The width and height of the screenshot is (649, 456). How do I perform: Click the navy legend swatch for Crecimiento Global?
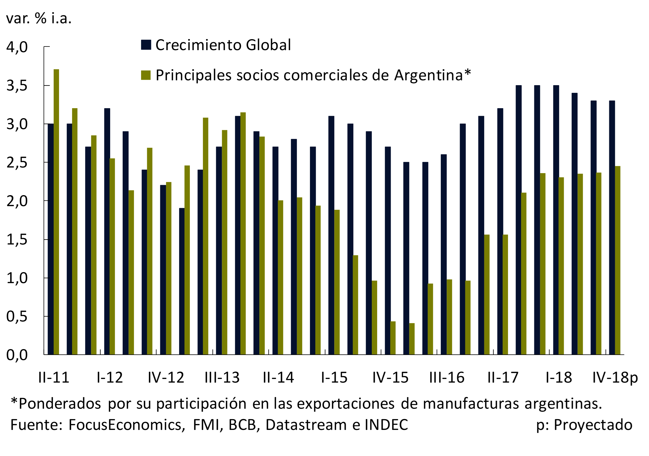146,45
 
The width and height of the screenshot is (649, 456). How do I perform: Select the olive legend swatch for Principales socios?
146,75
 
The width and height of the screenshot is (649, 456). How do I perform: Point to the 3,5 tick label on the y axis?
17,85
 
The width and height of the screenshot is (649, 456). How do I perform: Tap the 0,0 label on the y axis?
17,355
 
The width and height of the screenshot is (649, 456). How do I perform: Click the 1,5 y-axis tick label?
17,240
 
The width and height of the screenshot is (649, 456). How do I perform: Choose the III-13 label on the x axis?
222,377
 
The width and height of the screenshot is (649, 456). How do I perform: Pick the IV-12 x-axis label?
166,377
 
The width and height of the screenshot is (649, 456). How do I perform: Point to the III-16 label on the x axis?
447,377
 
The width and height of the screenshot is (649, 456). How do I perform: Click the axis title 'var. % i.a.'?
39,19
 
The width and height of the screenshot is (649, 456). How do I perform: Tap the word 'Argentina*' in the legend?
433,75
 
